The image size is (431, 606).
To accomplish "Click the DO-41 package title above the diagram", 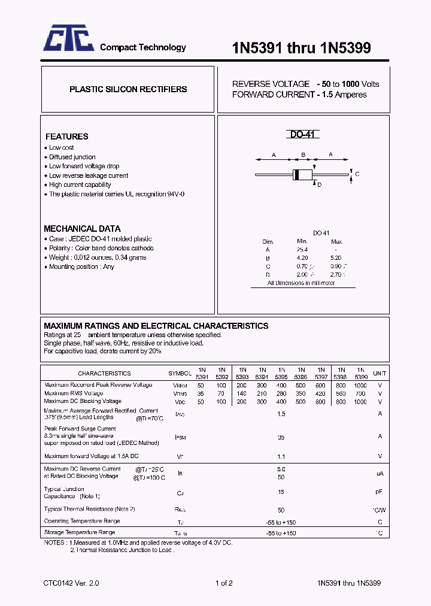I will [303, 135].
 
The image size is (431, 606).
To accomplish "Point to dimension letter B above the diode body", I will [303, 155].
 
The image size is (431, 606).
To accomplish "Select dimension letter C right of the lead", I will [357, 174].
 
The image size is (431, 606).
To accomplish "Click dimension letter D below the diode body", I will [320, 185].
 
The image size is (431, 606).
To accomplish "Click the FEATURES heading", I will [66, 137].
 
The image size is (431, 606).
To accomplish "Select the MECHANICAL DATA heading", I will [82, 229].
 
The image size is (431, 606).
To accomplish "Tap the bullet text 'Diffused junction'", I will [72, 157].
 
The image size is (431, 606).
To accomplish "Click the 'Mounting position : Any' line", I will [81, 267].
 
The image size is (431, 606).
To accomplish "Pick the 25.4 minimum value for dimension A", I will [302, 250].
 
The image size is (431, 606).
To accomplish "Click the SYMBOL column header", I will [180, 373].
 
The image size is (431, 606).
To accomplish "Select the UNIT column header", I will [380, 373].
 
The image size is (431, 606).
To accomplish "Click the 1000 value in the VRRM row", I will [360, 385].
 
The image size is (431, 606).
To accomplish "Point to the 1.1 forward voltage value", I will [281, 456].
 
